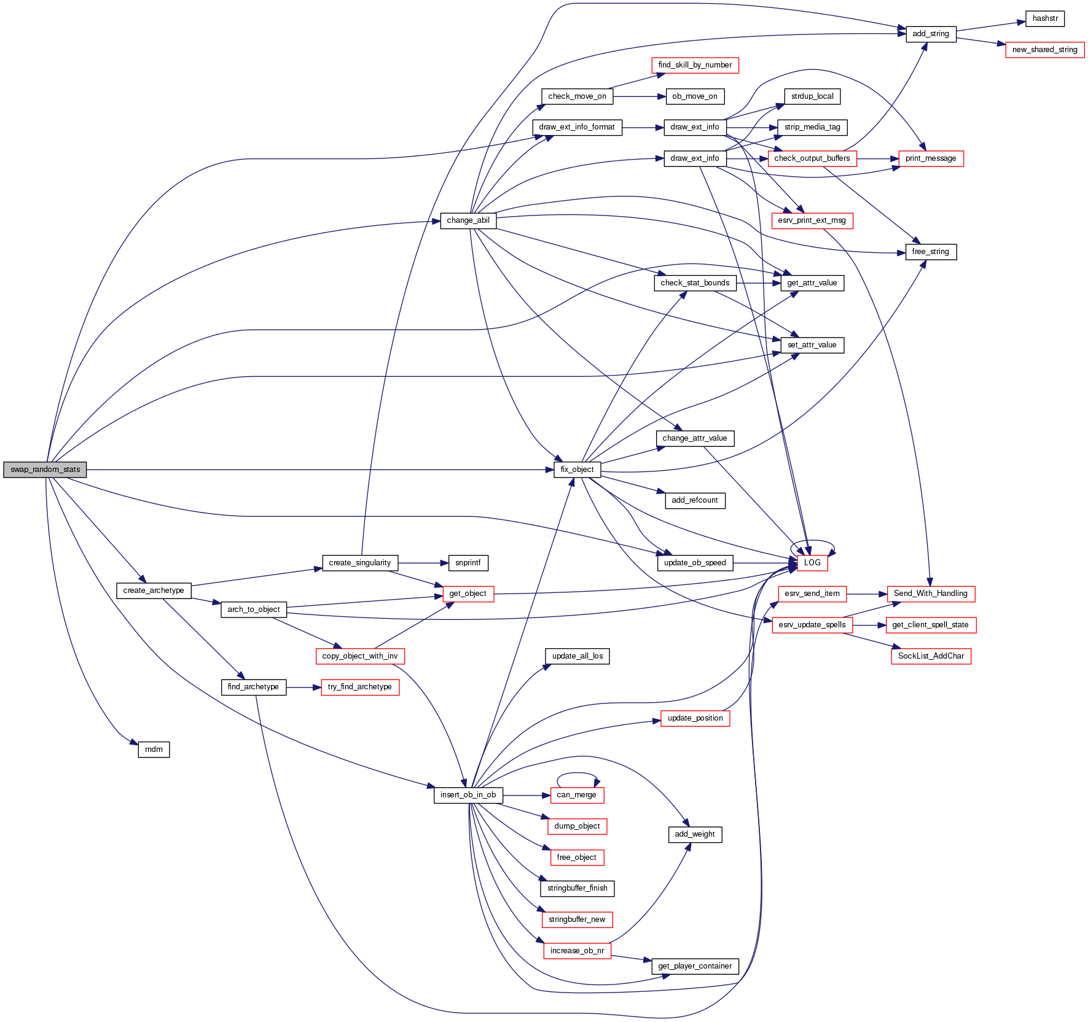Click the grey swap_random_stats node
point(45,470)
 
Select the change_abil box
point(468,220)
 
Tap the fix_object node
point(577,470)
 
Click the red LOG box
point(812,562)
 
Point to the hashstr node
point(1044,18)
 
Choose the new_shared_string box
point(1044,50)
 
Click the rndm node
point(154,749)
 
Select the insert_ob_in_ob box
point(468,795)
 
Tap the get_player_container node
point(695,966)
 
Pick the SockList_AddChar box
point(931,656)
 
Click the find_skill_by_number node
point(695,65)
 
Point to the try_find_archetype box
point(360,687)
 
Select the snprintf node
point(468,563)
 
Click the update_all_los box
point(577,656)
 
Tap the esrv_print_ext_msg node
point(812,220)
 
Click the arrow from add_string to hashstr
point(990,26)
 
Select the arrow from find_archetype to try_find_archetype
point(303,687)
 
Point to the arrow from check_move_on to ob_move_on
point(639,96)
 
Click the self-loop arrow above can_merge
point(577,773)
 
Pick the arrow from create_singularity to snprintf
point(423,563)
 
